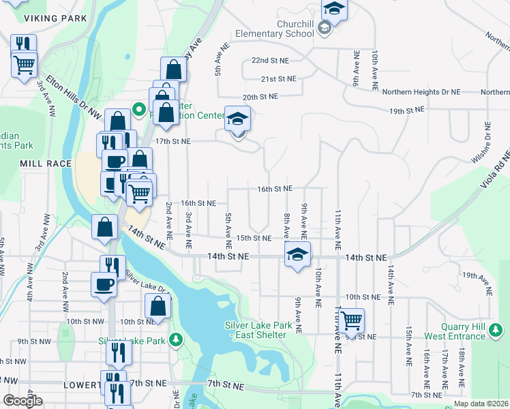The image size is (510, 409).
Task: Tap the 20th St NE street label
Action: coord(260,97)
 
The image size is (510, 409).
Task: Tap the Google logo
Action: coord(22,401)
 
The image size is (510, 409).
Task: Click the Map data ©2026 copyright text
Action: coord(480,404)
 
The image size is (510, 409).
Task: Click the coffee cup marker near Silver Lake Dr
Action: coord(104,284)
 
